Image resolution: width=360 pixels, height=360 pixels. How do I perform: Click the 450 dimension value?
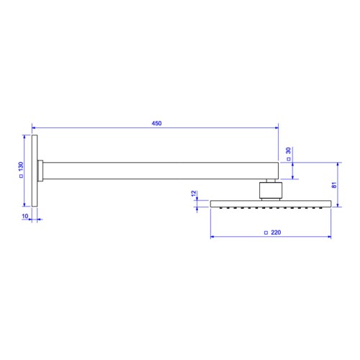[156, 123]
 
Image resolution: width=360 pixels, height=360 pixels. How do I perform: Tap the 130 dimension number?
[21, 166]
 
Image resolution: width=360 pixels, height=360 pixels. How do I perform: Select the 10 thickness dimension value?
[25, 216]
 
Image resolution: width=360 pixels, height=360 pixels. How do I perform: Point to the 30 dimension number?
[288, 150]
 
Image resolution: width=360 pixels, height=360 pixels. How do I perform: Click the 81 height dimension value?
[334, 185]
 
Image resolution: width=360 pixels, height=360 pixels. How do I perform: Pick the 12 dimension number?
[194, 194]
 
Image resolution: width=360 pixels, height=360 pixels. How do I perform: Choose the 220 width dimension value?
[276, 233]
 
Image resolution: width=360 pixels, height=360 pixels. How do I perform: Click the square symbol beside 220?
[266, 233]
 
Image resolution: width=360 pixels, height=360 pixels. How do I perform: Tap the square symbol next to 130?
[21, 176]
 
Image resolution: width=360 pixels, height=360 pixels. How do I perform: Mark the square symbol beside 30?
[289, 159]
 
